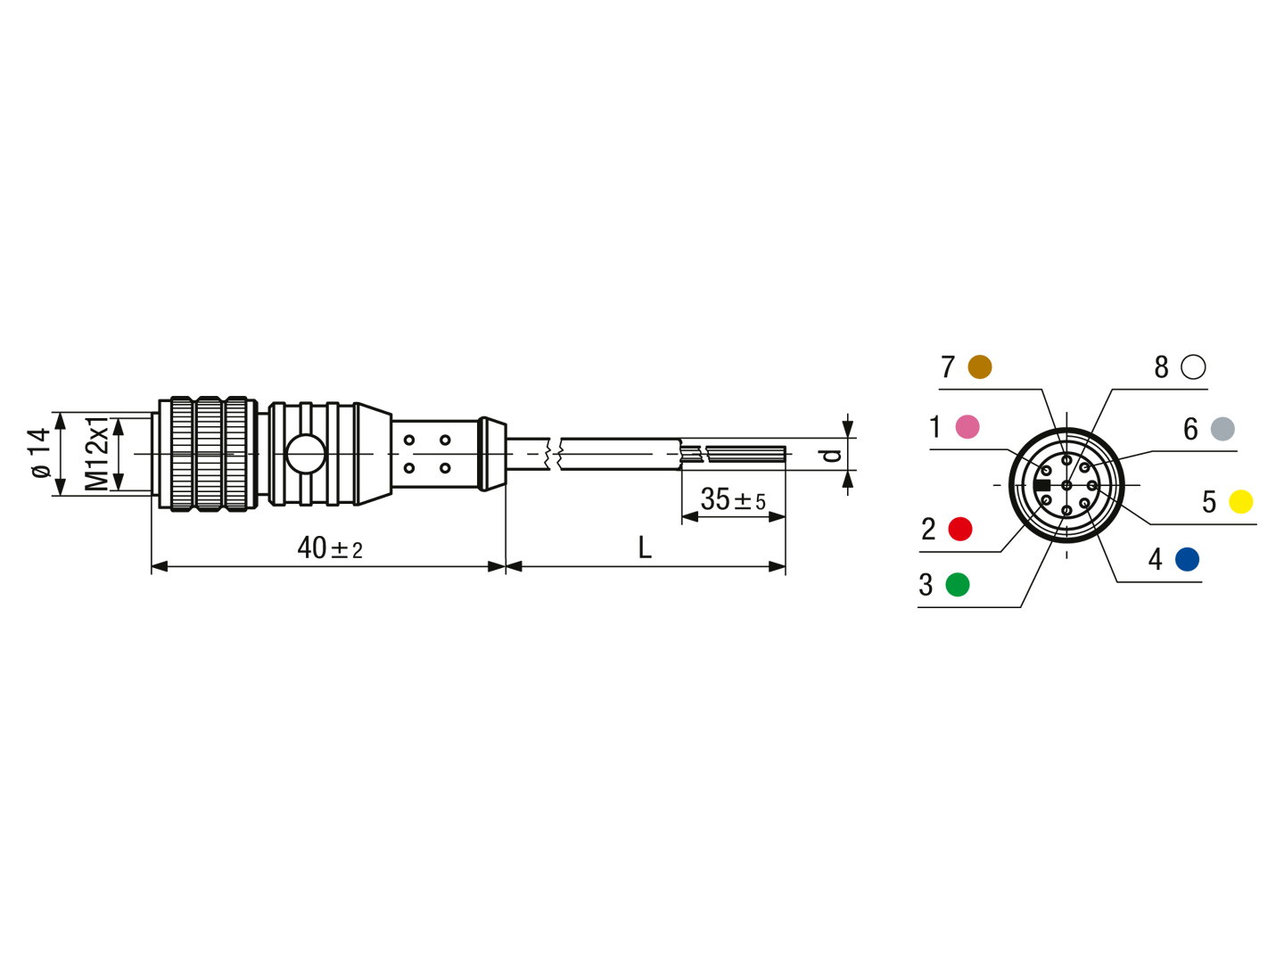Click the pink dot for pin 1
(x=967, y=427)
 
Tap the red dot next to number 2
(x=960, y=529)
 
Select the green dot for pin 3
(x=958, y=585)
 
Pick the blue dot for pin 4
(x=1187, y=559)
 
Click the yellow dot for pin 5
(x=1240, y=502)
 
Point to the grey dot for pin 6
(x=1222, y=429)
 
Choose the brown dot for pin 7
(x=980, y=366)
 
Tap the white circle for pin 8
(x=1193, y=366)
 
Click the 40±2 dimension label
(x=330, y=548)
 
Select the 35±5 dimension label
(x=733, y=499)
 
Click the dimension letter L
(x=645, y=547)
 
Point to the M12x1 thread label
(x=97, y=454)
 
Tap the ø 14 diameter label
(x=41, y=453)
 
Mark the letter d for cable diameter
(x=831, y=455)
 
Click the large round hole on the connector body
(x=305, y=454)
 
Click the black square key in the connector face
(x=1041, y=485)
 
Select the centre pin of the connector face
(x=1066, y=485)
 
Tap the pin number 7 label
(x=948, y=367)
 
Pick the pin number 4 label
(x=1155, y=559)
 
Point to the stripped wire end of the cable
(x=745, y=454)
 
